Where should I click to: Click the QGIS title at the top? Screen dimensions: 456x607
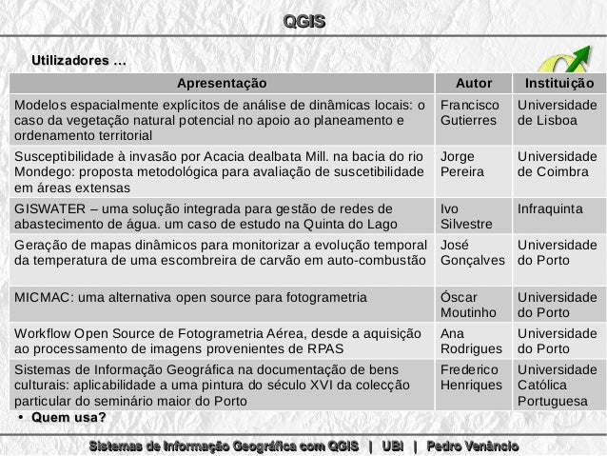303,21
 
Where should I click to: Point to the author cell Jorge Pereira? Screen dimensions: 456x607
464,164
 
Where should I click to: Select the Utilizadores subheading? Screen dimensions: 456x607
78,62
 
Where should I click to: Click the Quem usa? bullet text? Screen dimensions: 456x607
68,417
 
